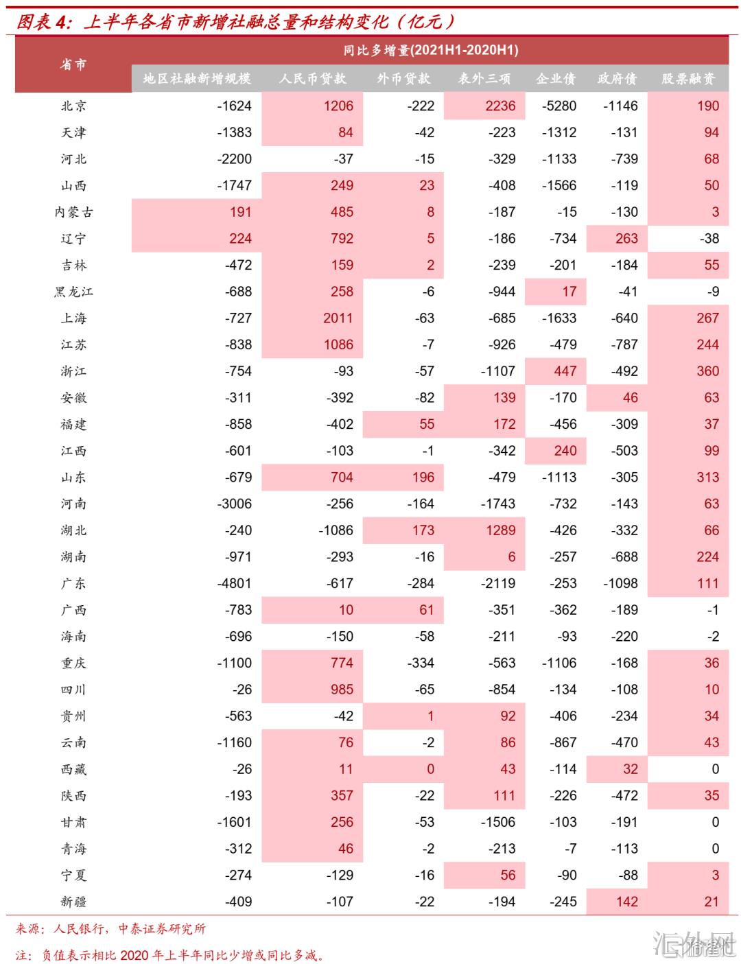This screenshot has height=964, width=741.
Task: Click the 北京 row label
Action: pyautogui.click(x=73, y=106)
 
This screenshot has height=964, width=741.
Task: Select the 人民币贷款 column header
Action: pyautogui.click(x=312, y=78)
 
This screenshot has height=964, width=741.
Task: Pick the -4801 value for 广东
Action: pyautogui.click(x=234, y=583)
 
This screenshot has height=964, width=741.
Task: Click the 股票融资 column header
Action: pyautogui.click(x=687, y=78)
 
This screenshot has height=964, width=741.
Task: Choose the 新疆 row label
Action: pyautogui.click(x=73, y=902)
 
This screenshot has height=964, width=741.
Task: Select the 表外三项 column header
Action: pyautogui.click(x=484, y=78)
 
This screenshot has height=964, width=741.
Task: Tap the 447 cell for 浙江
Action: pyautogui.click(x=565, y=371)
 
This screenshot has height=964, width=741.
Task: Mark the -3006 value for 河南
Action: pyautogui.click(x=234, y=504)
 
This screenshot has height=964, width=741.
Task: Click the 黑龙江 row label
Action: pyautogui.click(x=73, y=292)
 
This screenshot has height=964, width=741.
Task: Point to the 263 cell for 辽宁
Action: pyautogui.click(x=626, y=238)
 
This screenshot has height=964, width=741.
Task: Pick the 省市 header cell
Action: pyautogui.click(x=73, y=64)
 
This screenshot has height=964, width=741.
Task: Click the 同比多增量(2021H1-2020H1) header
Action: pyautogui.click(x=430, y=50)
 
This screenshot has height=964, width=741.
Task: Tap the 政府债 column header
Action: pyautogui.click(x=617, y=78)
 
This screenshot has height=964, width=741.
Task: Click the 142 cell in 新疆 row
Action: pyautogui.click(x=626, y=902)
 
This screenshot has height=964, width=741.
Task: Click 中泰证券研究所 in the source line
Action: pyautogui.click(x=162, y=929)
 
